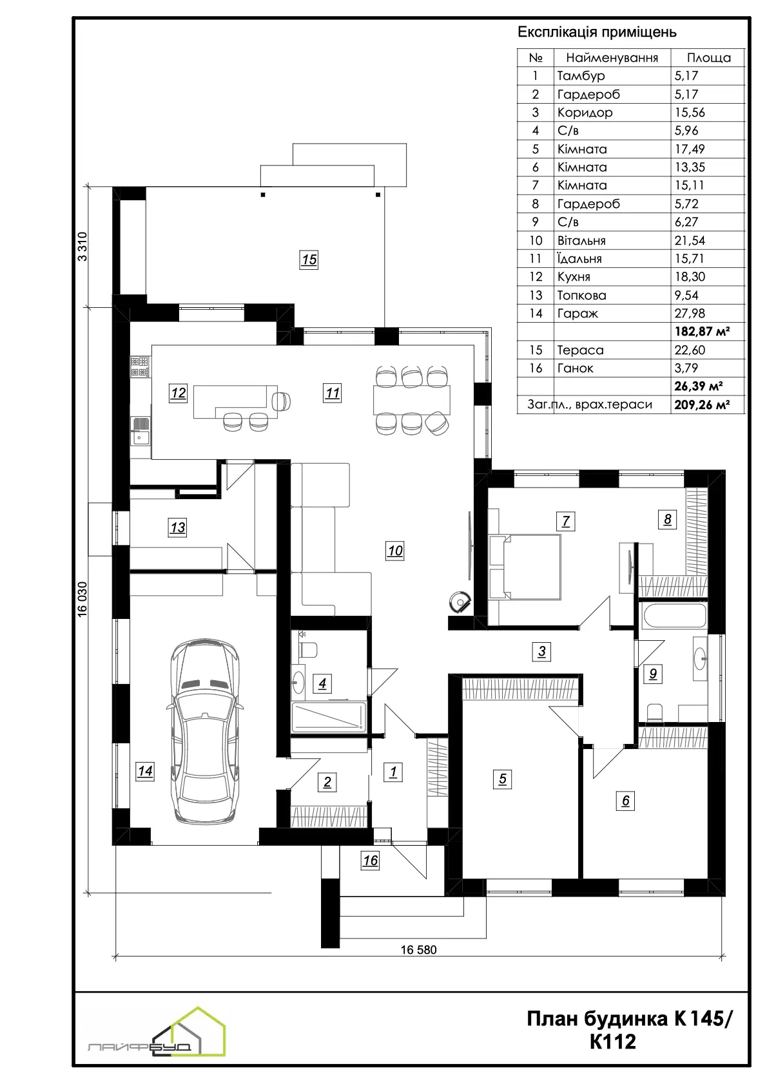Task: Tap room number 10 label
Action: (394, 551)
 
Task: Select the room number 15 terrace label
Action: (309, 260)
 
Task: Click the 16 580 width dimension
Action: (418, 949)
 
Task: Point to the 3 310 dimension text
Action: (83, 247)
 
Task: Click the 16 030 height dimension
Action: (83, 599)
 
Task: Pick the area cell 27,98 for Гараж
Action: (690, 314)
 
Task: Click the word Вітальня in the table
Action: (581, 240)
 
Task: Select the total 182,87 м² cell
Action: (702, 332)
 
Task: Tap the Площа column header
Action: (708, 58)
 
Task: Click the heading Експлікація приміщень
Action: (597, 32)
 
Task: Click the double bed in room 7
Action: (525, 567)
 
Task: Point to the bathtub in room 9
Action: (675, 615)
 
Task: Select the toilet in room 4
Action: (308, 649)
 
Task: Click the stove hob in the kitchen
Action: (139, 367)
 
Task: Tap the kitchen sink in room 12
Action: (141, 432)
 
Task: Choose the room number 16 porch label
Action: (370, 861)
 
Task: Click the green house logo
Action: (199, 1031)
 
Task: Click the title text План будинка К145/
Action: (630, 1019)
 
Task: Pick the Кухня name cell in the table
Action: (574, 277)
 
